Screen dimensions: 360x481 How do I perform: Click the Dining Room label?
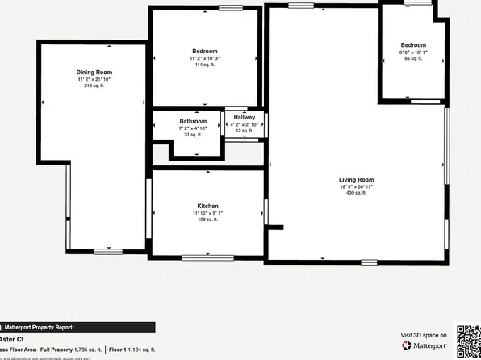coord(94,72)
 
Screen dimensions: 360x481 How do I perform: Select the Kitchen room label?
coord(207,207)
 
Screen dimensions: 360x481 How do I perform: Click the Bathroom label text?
coord(192,121)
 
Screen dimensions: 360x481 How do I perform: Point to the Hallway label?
coord(244,118)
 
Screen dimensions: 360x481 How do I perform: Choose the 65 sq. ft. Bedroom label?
coord(413,45)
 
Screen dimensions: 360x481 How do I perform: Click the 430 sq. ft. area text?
coord(356,194)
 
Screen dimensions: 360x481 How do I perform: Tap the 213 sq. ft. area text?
coord(94,86)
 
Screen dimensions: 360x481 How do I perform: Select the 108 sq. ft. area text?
coord(207,220)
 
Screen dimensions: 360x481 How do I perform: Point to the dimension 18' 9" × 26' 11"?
coord(356,186)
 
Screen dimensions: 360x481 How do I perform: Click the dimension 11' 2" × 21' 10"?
coord(94,79)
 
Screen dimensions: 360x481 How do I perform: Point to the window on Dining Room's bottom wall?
coord(107,252)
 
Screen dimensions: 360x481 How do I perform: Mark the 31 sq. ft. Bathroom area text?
coord(192,135)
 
